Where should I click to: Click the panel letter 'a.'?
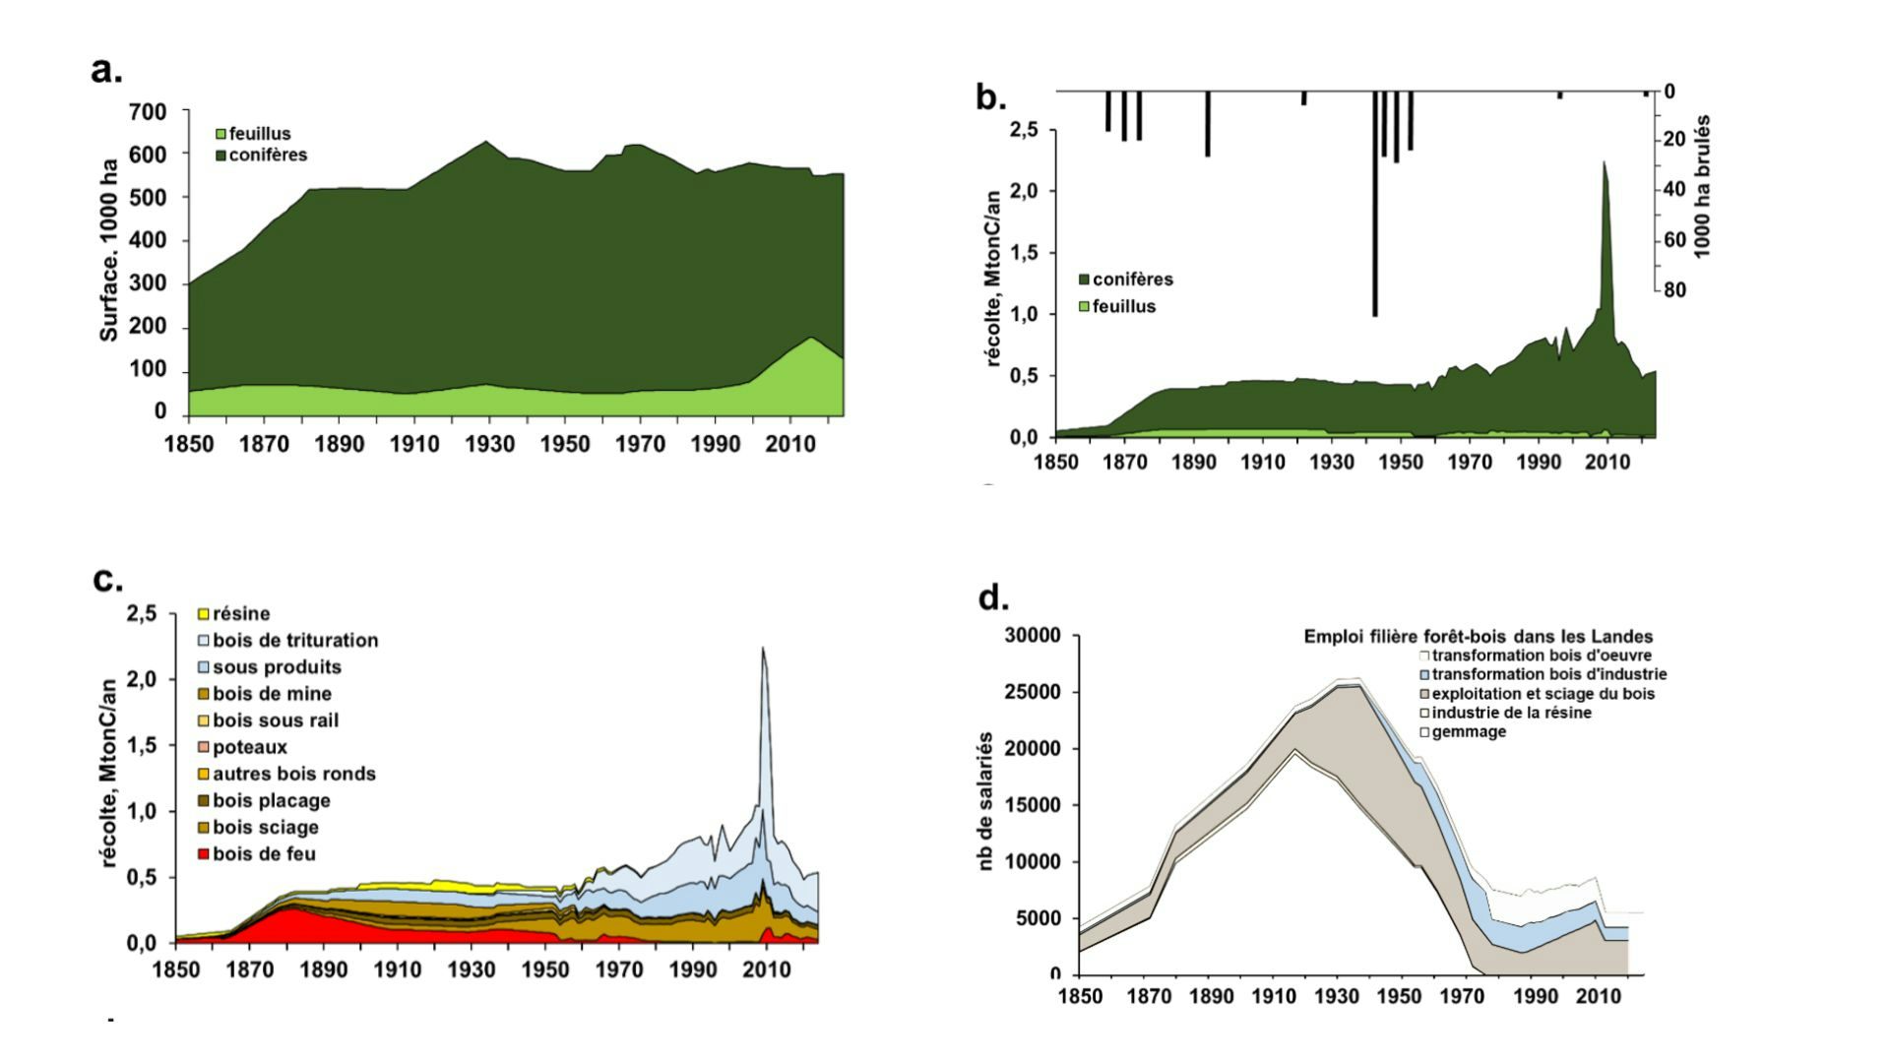click(106, 71)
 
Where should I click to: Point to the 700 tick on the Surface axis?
click(148, 112)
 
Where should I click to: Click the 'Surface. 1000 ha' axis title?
click(109, 251)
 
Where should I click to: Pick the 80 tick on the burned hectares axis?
click(1675, 290)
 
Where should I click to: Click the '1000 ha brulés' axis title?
click(1703, 186)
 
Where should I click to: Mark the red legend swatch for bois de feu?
click(204, 854)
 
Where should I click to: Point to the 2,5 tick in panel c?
click(142, 614)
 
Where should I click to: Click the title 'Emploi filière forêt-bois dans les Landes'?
click(1479, 637)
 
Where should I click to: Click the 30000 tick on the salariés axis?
click(1033, 636)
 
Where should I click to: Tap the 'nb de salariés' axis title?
click(985, 801)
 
